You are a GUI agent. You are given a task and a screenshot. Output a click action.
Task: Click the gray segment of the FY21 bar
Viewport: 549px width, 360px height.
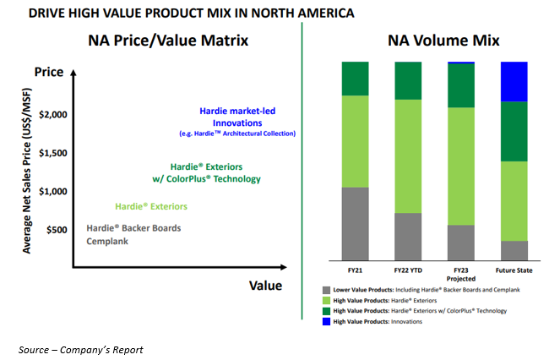(x=356, y=223)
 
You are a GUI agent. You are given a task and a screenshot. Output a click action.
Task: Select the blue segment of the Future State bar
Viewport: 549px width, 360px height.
(x=514, y=81)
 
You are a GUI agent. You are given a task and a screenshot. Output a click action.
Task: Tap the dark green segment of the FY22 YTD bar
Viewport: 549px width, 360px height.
(x=408, y=80)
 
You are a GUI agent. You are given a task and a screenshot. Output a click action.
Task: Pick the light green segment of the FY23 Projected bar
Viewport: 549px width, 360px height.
(x=461, y=166)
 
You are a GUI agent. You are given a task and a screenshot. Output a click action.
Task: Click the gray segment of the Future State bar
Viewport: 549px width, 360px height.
(x=514, y=250)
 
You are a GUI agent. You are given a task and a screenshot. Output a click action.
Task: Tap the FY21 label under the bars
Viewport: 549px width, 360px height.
(x=356, y=270)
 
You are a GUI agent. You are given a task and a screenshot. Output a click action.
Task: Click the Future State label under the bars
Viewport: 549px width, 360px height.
(x=514, y=270)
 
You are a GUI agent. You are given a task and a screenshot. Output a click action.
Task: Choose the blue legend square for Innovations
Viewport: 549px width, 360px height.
(x=325, y=321)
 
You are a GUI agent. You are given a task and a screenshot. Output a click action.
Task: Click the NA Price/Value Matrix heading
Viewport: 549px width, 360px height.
(x=169, y=40)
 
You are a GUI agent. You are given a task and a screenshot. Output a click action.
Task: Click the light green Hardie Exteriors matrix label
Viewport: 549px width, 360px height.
(x=151, y=207)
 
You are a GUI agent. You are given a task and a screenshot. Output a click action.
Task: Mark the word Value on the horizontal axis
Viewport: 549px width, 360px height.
(x=264, y=286)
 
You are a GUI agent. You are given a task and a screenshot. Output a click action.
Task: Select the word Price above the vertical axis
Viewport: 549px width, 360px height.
(x=49, y=74)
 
